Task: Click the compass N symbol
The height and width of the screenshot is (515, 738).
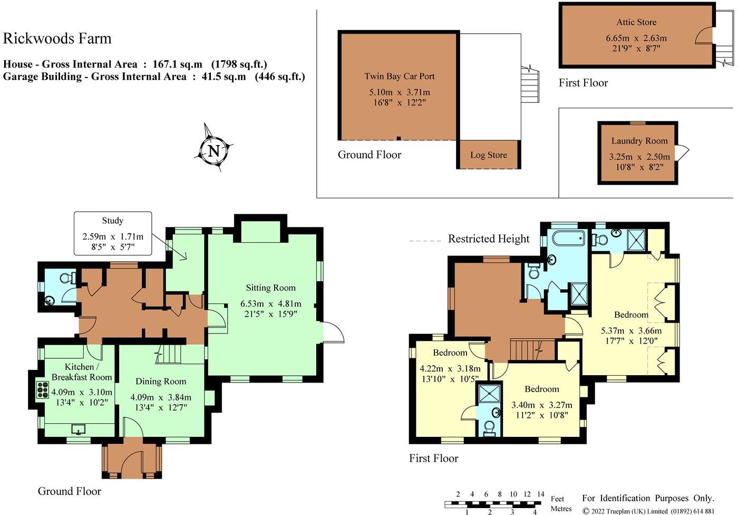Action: (x=214, y=151)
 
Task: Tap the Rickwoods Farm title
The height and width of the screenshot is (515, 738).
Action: (x=57, y=38)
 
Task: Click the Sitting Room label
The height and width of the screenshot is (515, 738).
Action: (x=271, y=288)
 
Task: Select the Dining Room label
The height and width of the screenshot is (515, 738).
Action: (x=161, y=381)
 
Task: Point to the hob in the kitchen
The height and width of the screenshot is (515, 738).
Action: (x=43, y=390)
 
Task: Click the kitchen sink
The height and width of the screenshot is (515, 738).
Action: (x=79, y=429)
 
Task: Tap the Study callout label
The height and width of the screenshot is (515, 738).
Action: (x=113, y=220)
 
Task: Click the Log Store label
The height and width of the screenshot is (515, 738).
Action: (x=489, y=155)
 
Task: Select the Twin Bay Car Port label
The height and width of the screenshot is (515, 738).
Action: (x=400, y=76)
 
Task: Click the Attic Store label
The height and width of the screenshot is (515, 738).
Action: (x=637, y=22)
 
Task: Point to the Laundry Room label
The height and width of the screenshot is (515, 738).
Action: (x=639, y=141)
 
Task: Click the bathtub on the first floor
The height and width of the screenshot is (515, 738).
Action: (x=569, y=238)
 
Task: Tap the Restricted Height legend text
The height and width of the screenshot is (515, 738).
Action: (x=489, y=239)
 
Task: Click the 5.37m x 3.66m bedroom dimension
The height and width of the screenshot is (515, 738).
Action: (x=632, y=330)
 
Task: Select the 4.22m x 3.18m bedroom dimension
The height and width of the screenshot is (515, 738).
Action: (x=450, y=368)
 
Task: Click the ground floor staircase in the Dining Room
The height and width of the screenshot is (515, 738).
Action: (x=168, y=354)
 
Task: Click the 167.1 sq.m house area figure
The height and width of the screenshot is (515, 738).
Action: (x=177, y=64)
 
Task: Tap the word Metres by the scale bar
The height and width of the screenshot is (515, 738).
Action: (x=561, y=509)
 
